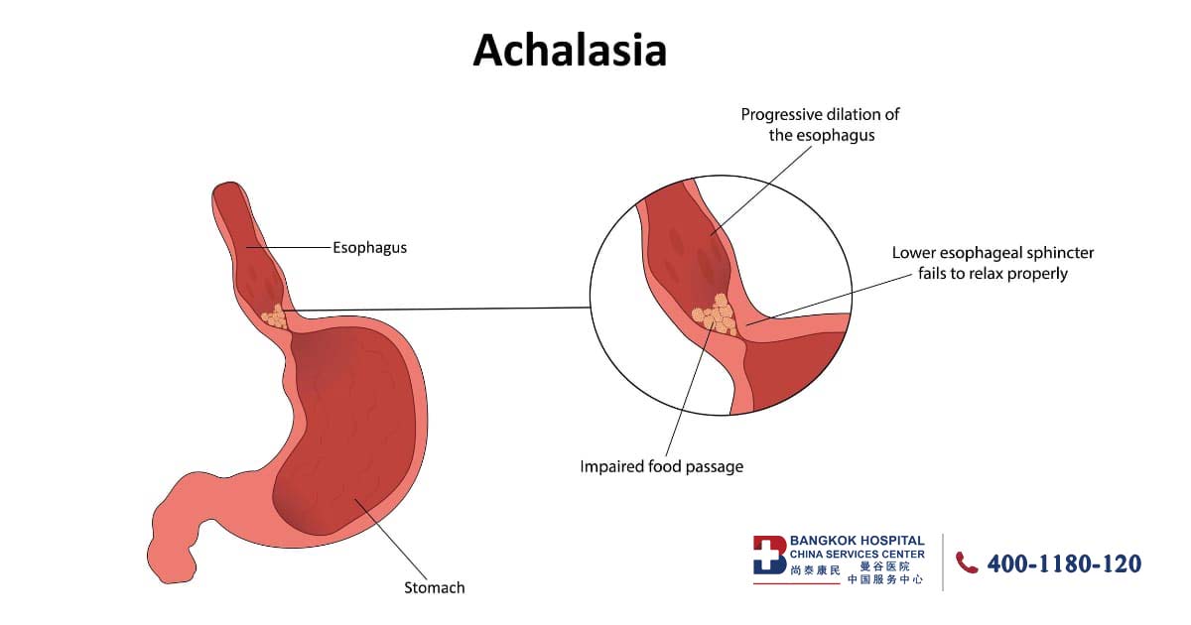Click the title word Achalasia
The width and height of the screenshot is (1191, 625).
click(570, 50)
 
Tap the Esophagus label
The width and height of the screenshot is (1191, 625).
click(369, 248)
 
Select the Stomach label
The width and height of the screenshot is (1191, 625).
click(434, 587)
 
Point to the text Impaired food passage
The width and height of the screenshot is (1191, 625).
click(661, 466)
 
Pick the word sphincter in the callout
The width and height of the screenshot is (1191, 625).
click(1059, 253)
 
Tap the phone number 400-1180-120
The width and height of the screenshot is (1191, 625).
click(1064, 563)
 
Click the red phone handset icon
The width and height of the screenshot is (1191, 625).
click(966, 562)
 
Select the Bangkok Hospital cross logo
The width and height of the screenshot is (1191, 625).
click(769, 555)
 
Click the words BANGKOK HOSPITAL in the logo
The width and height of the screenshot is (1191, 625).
click(857, 541)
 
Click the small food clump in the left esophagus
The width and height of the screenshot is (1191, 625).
click(272, 318)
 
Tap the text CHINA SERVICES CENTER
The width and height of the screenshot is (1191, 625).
click(857, 554)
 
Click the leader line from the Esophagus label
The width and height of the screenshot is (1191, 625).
click(287, 247)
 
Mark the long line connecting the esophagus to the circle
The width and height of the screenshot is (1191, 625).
click(437, 310)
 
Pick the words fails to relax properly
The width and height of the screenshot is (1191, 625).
click(992, 273)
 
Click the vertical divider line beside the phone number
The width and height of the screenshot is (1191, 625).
click(943, 562)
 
